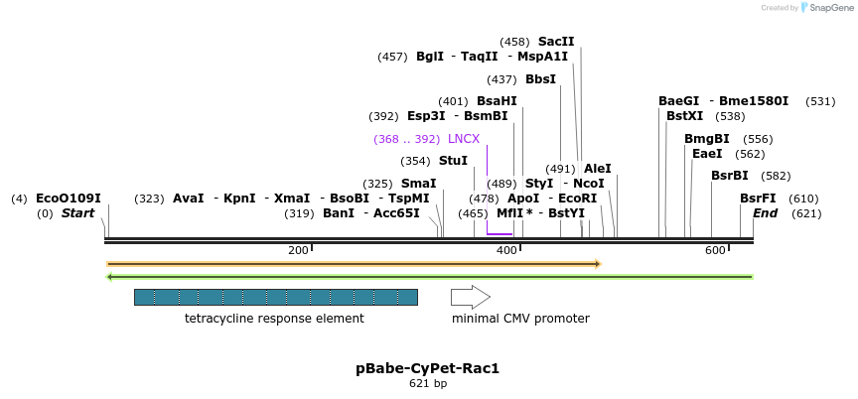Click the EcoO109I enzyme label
tap(69, 199)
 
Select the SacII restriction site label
tap(556, 42)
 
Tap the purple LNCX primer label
tap(464, 139)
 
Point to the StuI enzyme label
tap(453, 161)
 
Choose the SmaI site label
tap(418, 184)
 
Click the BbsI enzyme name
tap(540, 79)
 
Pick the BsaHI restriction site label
tap(497, 101)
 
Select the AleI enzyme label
tap(598, 169)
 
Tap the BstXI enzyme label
tap(684, 116)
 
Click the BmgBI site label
tap(706, 139)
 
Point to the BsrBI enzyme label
tap(730, 176)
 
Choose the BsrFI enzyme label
tap(758, 199)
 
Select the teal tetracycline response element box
tap(275, 297)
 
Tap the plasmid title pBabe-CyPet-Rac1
tap(428, 368)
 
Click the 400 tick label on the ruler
tap(506, 250)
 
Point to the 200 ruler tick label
tap(298, 250)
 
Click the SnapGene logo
tap(826, 8)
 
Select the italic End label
tap(765, 213)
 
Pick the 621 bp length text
tap(428, 384)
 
